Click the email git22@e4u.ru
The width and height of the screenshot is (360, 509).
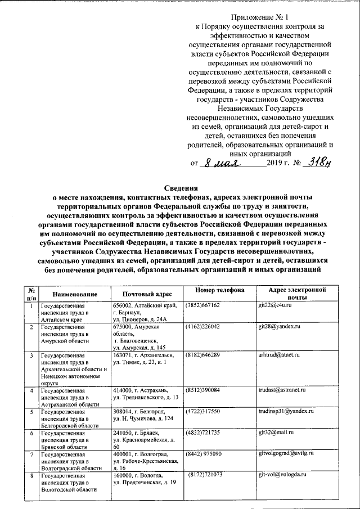tap(274, 305)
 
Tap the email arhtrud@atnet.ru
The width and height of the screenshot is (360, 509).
tap(279, 355)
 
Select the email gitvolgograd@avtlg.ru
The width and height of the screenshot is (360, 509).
tap(286, 453)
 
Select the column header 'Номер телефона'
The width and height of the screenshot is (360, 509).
tap(220, 290)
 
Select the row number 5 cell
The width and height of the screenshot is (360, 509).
tap(31, 412)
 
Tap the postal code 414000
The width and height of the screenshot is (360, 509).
tap(122, 390)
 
